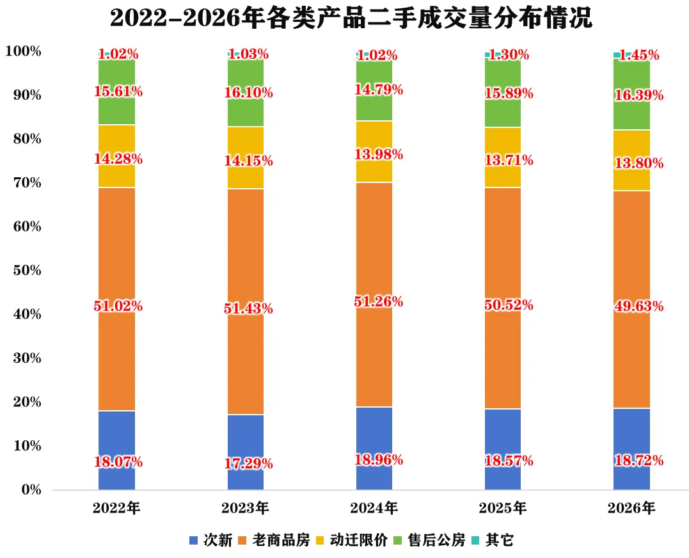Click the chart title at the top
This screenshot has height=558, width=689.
click(351, 18)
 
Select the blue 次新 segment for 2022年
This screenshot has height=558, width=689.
click(116, 450)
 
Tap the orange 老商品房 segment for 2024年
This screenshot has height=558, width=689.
click(374, 295)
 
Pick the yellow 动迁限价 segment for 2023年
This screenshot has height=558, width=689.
click(246, 157)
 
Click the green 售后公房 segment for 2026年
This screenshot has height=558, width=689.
click(631, 95)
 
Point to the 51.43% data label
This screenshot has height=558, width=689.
click(248, 309)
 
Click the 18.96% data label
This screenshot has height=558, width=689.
click(379, 460)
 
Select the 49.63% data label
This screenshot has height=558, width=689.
click(639, 307)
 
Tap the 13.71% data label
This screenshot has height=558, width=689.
click(509, 160)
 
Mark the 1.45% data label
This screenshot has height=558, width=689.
click(639, 55)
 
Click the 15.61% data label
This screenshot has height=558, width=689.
click(118, 92)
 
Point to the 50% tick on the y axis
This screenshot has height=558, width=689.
click(28, 270)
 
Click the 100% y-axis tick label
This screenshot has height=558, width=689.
click(23, 51)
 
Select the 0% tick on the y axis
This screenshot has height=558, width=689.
click(31, 490)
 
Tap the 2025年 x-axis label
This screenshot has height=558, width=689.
click(503, 508)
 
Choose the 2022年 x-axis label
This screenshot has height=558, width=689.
click(116, 508)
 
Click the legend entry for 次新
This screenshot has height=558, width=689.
click(210, 540)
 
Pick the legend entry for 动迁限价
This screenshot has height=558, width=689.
click(351, 540)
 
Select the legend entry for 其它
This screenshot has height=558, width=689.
click(492, 540)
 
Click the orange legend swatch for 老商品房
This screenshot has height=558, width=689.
click(242, 541)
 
